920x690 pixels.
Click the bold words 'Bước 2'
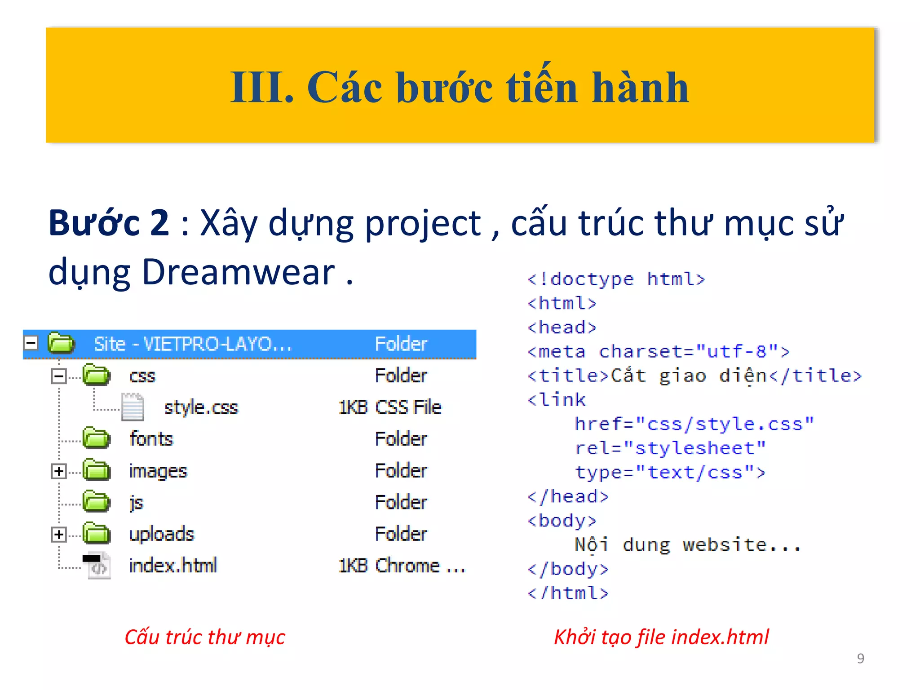tap(109, 223)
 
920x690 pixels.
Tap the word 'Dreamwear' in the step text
tap(239, 272)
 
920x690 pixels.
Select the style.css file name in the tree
tap(201, 407)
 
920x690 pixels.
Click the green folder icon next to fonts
tap(96, 438)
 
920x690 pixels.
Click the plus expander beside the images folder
tap(58, 471)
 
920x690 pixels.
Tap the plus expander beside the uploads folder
tap(58, 535)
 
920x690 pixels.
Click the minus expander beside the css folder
tap(58, 376)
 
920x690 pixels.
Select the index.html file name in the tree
tap(173, 566)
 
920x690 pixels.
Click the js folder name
tap(136, 503)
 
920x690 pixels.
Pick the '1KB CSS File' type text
tap(390, 407)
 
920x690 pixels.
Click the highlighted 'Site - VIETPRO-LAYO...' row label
tap(192, 345)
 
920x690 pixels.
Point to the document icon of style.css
tap(133, 407)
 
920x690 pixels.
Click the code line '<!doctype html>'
tap(616, 279)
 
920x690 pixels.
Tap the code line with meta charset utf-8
tap(658, 352)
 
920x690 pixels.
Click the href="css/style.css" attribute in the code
tap(694, 424)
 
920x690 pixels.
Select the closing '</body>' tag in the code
tap(568, 569)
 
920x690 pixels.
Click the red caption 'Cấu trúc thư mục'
tap(205, 637)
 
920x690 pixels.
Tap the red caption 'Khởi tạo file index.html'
tap(661, 637)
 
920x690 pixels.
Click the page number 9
tap(860, 658)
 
